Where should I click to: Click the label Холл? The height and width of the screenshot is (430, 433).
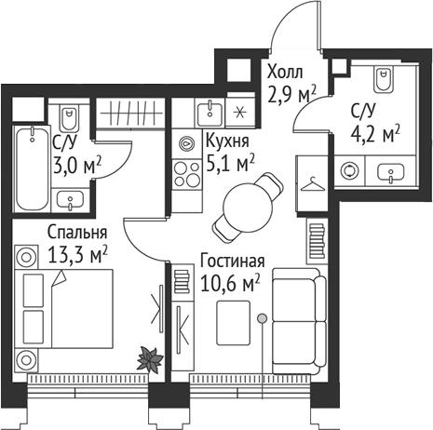(285, 72)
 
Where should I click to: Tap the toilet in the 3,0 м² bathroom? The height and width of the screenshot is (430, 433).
(69, 118)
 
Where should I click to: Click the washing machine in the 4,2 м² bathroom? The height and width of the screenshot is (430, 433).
(350, 171)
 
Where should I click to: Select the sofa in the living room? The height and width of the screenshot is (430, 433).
(296, 316)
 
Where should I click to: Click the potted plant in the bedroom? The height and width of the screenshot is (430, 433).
(148, 356)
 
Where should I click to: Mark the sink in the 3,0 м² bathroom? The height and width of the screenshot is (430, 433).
(67, 197)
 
